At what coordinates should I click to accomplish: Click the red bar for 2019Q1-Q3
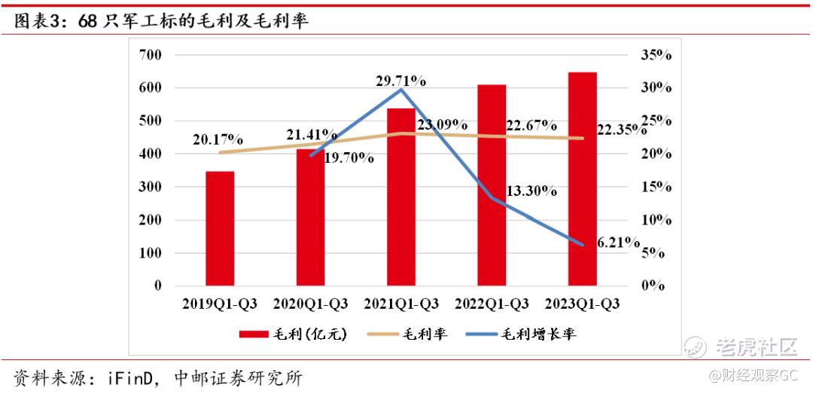[220, 228]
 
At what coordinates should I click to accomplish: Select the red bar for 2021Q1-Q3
[401, 197]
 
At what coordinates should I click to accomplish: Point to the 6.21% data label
[617, 243]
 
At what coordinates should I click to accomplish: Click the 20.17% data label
[217, 139]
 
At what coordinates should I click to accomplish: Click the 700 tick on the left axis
[151, 55]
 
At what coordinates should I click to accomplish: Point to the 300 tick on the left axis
[151, 187]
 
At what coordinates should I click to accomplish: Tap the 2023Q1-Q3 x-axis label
[582, 304]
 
